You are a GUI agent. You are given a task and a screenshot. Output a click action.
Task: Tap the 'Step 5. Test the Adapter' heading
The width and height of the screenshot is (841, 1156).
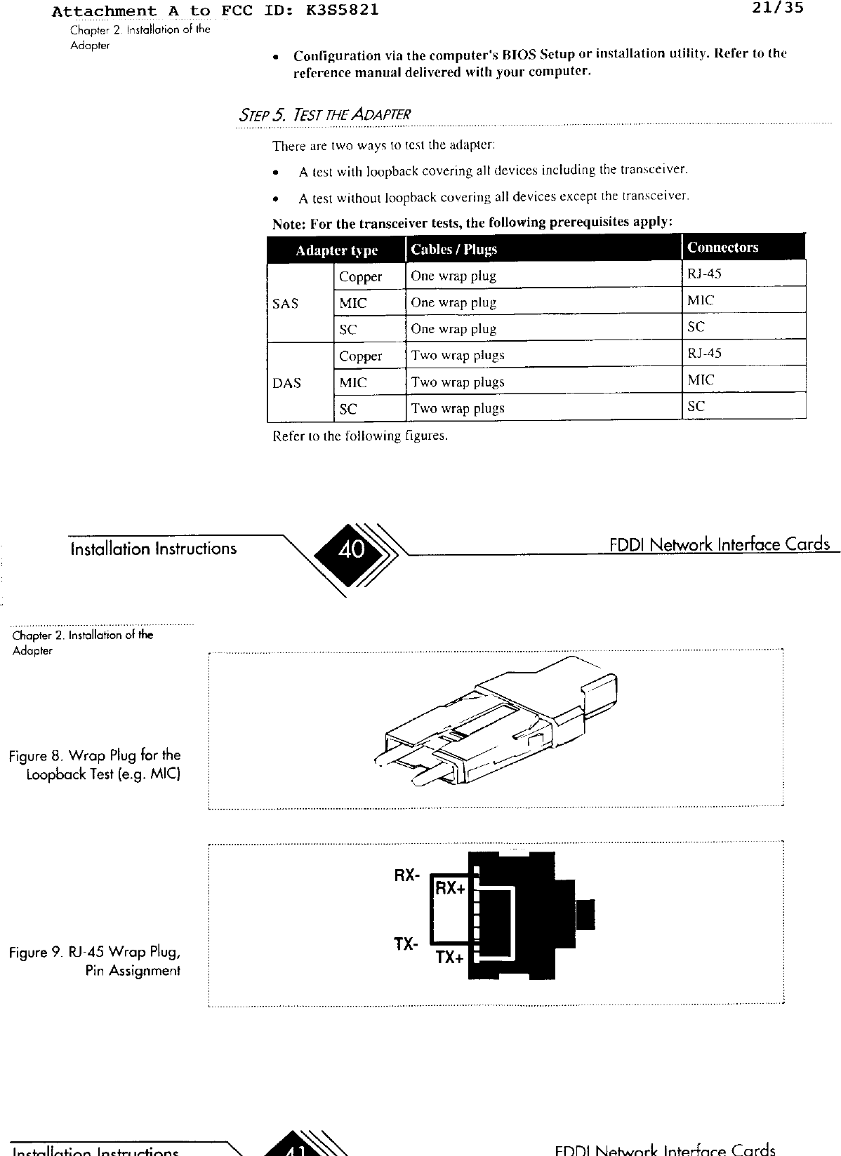coord(324,114)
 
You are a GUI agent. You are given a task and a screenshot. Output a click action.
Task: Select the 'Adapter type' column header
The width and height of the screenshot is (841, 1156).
coord(336,250)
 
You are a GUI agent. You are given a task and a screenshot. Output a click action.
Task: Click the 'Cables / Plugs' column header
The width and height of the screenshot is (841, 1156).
coord(453,249)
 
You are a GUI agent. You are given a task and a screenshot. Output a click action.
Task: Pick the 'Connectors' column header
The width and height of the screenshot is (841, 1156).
coord(722,247)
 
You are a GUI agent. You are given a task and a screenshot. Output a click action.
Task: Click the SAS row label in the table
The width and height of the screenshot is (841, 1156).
coord(285,303)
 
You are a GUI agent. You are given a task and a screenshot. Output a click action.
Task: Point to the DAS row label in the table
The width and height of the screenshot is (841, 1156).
coord(286,383)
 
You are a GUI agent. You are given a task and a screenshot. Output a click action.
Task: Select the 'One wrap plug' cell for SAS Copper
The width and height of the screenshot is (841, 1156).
coord(453,276)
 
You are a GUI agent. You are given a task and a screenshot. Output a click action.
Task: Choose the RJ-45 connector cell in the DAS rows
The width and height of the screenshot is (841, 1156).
coord(704,353)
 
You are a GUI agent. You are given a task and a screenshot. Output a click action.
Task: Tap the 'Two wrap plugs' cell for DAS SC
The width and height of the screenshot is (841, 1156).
coord(458,408)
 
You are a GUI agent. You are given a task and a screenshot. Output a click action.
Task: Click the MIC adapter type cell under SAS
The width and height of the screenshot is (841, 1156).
coord(352,303)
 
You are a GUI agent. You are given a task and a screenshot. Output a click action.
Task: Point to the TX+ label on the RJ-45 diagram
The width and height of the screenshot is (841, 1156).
coord(449,957)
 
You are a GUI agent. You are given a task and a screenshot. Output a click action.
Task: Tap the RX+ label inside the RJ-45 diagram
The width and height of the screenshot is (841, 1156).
coord(450,888)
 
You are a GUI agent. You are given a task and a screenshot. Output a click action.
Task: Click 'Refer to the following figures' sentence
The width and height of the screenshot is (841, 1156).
coord(359,436)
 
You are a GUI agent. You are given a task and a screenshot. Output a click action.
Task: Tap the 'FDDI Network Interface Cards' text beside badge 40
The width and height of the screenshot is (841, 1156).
coord(720,545)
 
